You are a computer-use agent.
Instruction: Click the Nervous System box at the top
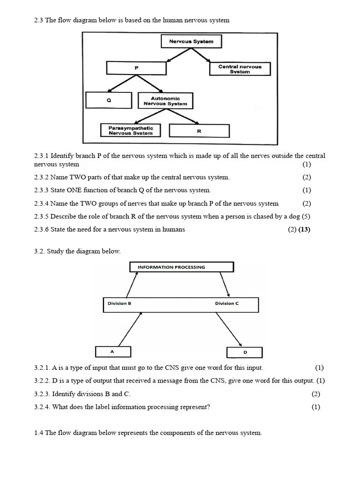coord(191,41)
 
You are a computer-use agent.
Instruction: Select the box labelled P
coord(136,68)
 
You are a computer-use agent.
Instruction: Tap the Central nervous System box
coord(240,69)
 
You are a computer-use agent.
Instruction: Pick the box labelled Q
coord(109,100)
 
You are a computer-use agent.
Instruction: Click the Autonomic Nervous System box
coord(165,101)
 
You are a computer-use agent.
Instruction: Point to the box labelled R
coord(199,131)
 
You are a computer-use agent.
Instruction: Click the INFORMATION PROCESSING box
coord(181,267)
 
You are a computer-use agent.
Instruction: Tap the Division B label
coord(120,303)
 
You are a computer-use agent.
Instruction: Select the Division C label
coord(227,303)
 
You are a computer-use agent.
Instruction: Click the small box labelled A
coord(112,352)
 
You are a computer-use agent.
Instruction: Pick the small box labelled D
coord(245,352)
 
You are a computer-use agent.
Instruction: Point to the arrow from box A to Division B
coord(130,330)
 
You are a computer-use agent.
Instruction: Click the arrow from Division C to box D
coord(228,330)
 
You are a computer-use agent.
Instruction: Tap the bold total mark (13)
coord(304,229)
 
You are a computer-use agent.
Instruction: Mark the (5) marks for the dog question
coord(306,217)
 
